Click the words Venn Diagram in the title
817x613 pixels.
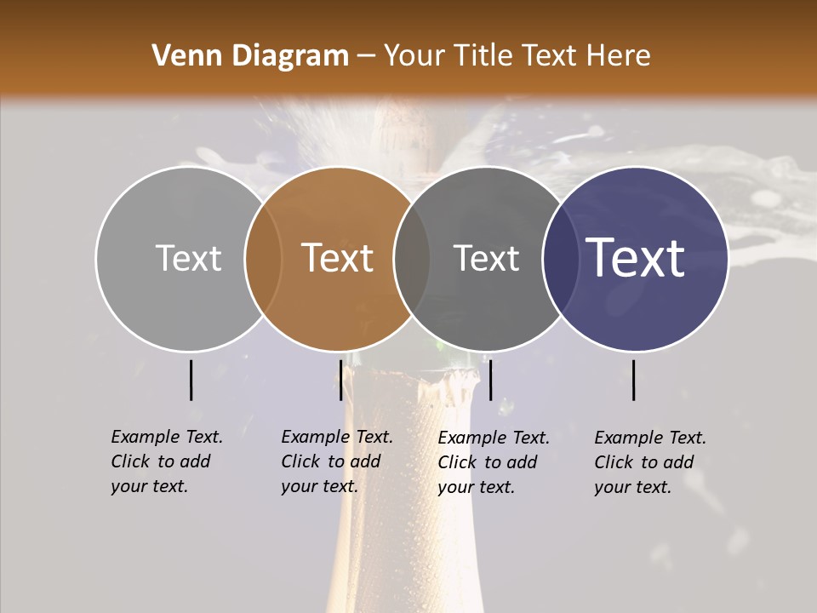(250, 56)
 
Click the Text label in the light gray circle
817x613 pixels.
(188, 258)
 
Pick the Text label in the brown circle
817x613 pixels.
(338, 258)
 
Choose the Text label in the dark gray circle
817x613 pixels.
(486, 258)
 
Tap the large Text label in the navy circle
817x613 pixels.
(636, 258)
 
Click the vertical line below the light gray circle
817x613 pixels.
(191, 380)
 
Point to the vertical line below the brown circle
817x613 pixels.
(340, 380)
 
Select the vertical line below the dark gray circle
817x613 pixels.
(491, 380)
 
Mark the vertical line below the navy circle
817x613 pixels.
(634, 380)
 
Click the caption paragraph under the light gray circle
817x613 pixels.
(167, 461)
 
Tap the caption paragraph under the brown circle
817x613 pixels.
(337, 461)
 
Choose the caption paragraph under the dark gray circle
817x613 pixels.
(494, 462)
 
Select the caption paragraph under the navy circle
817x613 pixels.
(650, 462)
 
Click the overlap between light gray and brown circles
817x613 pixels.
(263, 259)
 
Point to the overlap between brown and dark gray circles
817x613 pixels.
(412, 259)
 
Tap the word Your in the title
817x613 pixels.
(414, 56)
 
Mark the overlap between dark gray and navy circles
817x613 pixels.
(560, 259)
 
